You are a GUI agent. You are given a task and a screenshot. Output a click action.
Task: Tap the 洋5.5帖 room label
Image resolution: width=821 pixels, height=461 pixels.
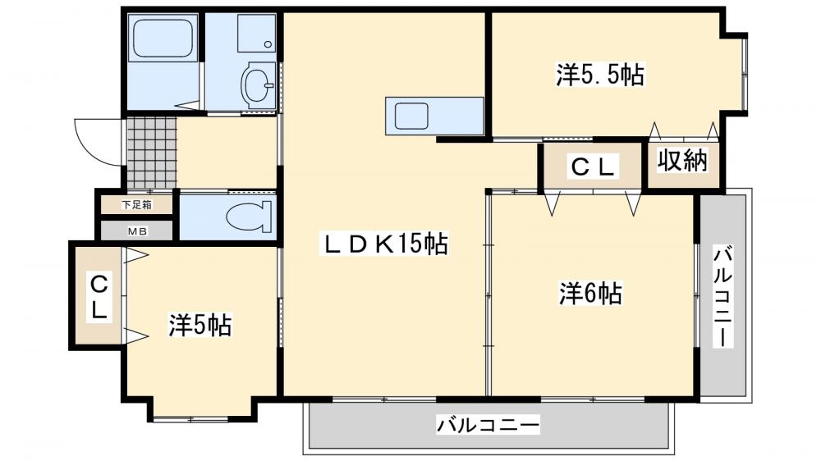pos(599,75)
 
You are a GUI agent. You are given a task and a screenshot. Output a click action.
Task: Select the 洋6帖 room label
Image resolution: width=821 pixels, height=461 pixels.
pos(590,293)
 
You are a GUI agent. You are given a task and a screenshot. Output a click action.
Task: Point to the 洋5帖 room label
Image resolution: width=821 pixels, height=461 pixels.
pos(200,325)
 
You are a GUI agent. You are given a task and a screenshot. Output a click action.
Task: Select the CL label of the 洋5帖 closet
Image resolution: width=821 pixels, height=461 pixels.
pos(99,297)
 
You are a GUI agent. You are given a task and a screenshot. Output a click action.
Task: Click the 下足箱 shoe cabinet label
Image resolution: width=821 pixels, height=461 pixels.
pos(136,204)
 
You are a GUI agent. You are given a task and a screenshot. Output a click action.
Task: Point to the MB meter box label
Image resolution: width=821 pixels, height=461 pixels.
pos(136,230)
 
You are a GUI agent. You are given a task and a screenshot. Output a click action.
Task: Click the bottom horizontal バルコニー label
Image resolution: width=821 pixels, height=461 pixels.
pos(488,426)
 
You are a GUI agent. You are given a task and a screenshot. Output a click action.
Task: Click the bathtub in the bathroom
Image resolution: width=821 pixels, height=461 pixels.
pos(162,39)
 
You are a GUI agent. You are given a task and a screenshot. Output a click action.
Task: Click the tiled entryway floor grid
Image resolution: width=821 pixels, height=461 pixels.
pos(151,153)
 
